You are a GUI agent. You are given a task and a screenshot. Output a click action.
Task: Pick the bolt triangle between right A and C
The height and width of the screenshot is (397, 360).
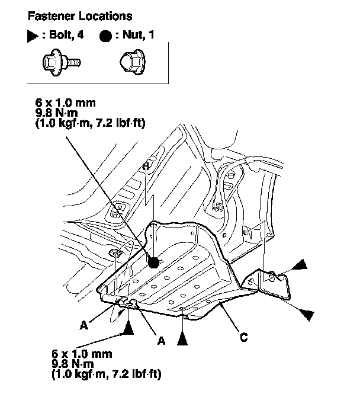[184, 338]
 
